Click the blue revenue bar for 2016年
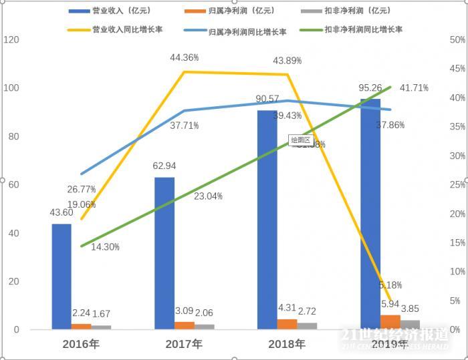tap(62, 277)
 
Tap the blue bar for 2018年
tap(267, 220)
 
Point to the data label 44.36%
tap(185, 57)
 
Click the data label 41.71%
tap(414, 87)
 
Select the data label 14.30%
tap(105, 247)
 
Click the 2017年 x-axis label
tap(185, 345)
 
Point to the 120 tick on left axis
tap(11, 40)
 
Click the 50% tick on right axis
tap(457, 40)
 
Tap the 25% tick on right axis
tap(457, 185)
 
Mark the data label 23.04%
tap(209, 196)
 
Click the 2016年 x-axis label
tap(82, 345)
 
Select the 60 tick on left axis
tap(13, 185)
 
